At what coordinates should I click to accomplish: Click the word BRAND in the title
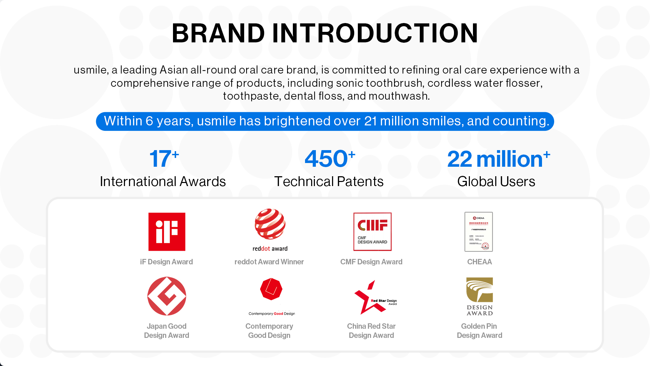click(218, 33)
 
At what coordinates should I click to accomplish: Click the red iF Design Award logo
click(167, 232)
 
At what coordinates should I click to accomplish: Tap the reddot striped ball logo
click(270, 224)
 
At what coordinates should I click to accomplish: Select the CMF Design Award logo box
click(372, 232)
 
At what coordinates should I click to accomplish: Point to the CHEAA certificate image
click(478, 232)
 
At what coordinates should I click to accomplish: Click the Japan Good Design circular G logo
click(167, 296)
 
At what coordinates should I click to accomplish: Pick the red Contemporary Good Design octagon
click(271, 289)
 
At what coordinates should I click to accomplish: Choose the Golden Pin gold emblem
click(479, 290)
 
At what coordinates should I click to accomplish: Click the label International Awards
click(163, 182)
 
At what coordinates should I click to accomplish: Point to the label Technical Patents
click(329, 182)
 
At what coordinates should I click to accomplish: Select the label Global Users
click(496, 182)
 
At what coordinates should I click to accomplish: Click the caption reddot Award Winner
click(269, 262)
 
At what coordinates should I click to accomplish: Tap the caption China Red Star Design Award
click(371, 331)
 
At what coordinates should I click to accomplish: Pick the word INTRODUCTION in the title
click(375, 33)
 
